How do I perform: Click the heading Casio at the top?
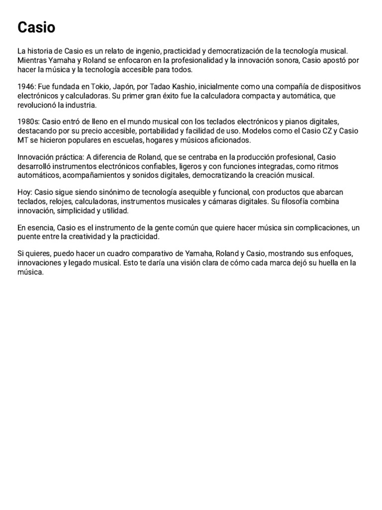pyautogui.click(x=36, y=28)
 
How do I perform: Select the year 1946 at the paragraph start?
pyautogui.click(x=26, y=87)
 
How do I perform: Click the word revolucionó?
pyautogui.click(x=38, y=105)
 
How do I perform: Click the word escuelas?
pyautogui.click(x=128, y=140)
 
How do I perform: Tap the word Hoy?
pyautogui.click(x=24, y=192)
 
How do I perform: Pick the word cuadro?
pyautogui.click(x=116, y=254)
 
